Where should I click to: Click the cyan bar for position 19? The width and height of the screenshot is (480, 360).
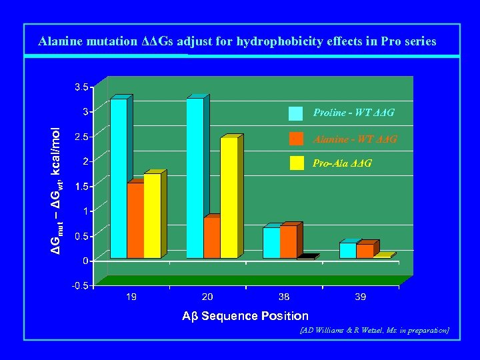pos(119,179)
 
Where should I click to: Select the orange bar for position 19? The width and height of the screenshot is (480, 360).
pos(135,220)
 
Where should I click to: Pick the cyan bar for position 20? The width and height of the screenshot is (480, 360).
pos(195,179)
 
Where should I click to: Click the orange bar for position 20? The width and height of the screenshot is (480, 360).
pos(212,237)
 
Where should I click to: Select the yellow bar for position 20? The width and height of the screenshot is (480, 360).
pos(229,197)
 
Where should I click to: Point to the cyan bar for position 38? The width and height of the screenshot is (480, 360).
pos(271,243)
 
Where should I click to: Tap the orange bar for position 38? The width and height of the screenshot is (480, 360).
pos(288,241)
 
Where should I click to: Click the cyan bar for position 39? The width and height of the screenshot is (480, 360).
pos(347,250)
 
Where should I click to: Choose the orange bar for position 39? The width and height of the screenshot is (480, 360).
pos(365,251)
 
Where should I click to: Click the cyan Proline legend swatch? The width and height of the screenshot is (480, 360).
pos(296,113)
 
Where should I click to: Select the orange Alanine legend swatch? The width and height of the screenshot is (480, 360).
pos(296,139)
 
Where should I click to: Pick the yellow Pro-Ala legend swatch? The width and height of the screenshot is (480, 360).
pos(296,163)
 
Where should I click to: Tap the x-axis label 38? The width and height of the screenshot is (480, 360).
pos(284,297)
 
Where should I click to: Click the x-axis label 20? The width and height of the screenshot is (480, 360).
pos(208,297)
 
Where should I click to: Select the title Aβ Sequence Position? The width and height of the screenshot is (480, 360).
pos(245,316)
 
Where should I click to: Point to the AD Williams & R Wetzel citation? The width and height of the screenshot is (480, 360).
pos(374,330)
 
